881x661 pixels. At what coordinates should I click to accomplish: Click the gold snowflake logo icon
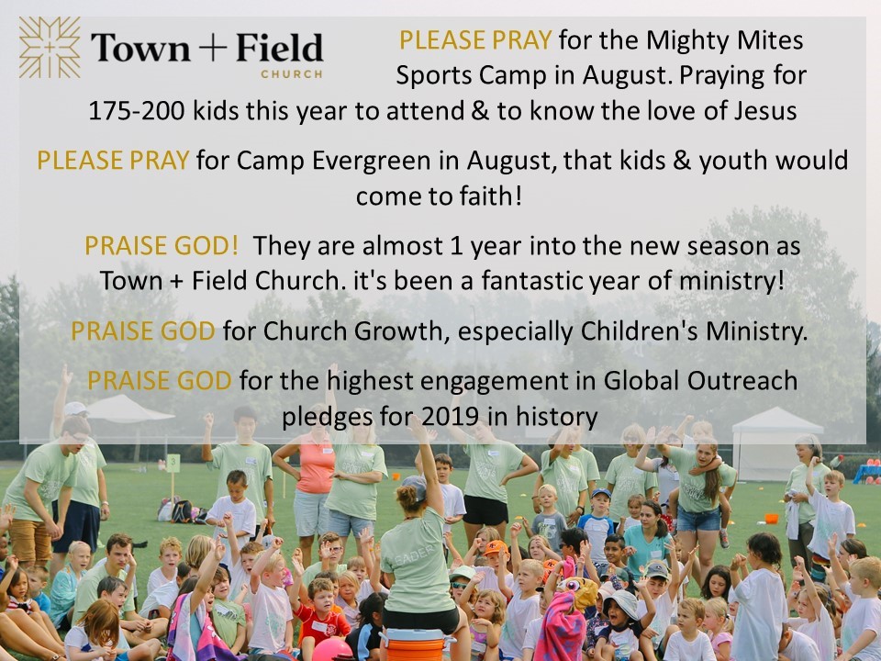tap(50, 47)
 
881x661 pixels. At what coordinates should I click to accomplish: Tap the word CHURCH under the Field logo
tap(292, 74)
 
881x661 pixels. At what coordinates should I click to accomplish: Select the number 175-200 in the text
tap(137, 111)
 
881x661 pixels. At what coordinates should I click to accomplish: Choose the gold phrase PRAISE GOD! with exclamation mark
tap(162, 246)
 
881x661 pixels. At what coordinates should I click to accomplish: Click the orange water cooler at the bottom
tap(417, 644)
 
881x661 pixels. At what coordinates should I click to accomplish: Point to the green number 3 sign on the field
tap(173, 464)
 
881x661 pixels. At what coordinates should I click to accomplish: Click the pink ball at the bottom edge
tap(331, 650)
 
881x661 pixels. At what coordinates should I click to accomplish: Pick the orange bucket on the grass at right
tap(772, 518)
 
